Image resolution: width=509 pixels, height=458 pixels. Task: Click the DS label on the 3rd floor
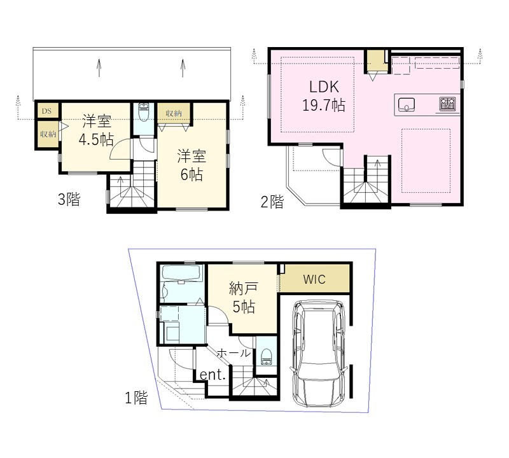(46, 111)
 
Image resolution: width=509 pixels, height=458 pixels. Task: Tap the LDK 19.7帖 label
(324, 96)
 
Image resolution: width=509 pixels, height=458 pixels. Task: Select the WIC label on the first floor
(314, 279)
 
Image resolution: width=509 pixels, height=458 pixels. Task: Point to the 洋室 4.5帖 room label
(97, 130)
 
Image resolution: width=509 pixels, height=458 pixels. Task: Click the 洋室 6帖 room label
(192, 165)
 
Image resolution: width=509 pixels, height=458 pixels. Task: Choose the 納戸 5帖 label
(244, 298)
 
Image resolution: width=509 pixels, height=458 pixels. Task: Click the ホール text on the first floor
(234, 353)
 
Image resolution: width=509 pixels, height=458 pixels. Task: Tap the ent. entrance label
(213, 375)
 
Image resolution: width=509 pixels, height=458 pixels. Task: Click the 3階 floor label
(69, 199)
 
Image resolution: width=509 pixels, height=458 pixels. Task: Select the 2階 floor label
(272, 202)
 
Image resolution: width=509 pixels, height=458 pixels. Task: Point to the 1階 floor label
(136, 398)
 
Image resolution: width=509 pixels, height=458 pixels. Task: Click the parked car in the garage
(317, 353)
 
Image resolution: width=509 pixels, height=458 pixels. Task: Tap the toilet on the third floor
(143, 112)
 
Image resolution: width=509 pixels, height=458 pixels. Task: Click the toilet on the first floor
(266, 357)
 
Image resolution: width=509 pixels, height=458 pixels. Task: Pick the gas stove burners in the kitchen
(448, 104)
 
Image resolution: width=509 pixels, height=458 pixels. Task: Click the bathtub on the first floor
(182, 274)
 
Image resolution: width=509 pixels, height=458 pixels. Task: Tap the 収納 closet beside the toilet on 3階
(174, 114)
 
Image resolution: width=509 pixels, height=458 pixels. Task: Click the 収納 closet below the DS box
(48, 134)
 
